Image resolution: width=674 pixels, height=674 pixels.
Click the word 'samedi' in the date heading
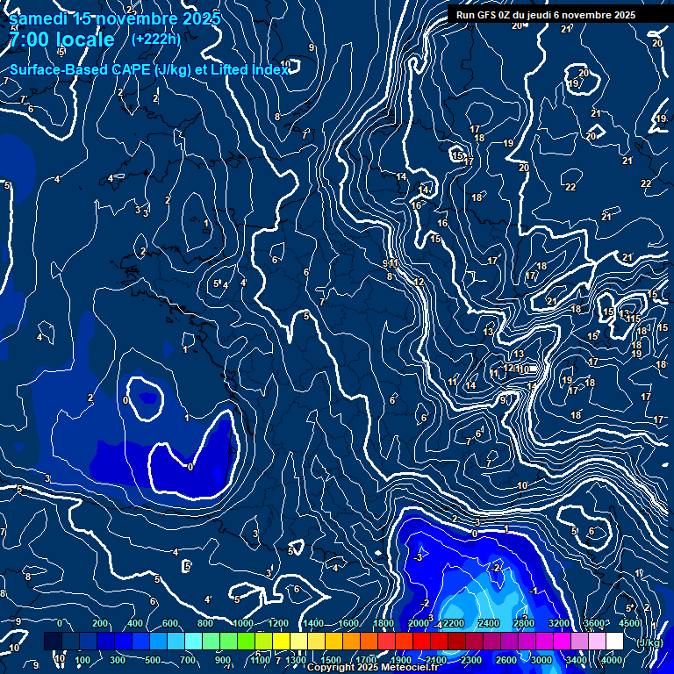(39, 18)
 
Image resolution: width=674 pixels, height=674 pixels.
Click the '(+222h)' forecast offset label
(156, 39)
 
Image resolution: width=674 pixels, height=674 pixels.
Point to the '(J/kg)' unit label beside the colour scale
(649, 642)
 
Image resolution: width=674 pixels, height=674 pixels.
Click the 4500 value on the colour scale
(628, 623)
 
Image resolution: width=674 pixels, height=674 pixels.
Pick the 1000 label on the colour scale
(243, 623)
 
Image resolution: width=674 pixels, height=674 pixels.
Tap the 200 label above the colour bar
(100, 623)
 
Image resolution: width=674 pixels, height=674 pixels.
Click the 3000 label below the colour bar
(541, 660)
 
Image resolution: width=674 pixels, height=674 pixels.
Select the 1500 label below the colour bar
(331, 660)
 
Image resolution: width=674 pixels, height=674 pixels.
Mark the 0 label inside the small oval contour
(126, 400)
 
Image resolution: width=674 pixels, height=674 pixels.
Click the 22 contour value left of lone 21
(570, 187)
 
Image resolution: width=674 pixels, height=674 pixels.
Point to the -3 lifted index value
(419, 557)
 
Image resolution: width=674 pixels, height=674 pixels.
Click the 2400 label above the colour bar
(488, 623)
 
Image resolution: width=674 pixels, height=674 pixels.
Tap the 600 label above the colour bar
(170, 623)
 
